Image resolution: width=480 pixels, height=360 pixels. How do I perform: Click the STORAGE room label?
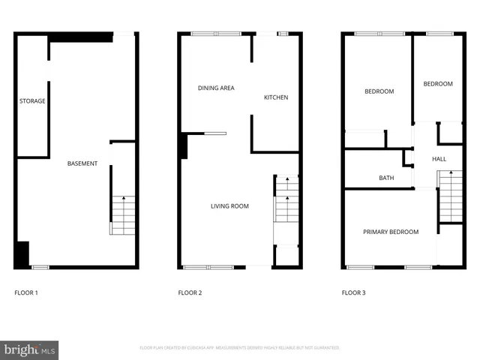pyautogui.click(x=32, y=100)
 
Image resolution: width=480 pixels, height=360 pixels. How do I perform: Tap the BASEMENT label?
pyautogui.click(x=82, y=163)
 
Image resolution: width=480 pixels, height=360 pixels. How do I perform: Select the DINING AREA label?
pyautogui.click(x=216, y=88)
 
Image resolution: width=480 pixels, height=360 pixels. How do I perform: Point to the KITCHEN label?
pyautogui.click(x=275, y=97)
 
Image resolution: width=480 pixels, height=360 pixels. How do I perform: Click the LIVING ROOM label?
pyautogui.click(x=229, y=206)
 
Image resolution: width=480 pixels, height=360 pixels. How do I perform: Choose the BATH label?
pyautogui.click(x=386, y=178)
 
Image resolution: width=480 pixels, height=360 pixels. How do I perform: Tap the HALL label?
pyautogui.click(x=439, y=159)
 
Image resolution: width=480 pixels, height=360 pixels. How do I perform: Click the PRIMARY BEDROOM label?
pyautogui.click(x=391, y=232)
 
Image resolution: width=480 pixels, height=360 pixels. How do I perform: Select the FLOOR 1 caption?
pyautogui.click(x=27, y=292)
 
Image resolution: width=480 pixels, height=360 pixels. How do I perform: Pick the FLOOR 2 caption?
pyautogui.click(x=190, y=292)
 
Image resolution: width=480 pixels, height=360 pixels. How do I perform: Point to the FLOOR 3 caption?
pyautogui.click(x=353, y=292)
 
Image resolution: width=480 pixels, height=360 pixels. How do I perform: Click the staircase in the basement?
pyautogui.click(x=123, y=214)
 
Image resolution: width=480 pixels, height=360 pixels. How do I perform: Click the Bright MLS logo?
pyautogui.click(x=29, y=349)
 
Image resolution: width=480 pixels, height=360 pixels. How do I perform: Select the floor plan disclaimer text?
pyautogui.click(x=240, y=348)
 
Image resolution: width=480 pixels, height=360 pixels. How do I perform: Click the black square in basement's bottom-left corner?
pyautogui.click(x=22, y=253)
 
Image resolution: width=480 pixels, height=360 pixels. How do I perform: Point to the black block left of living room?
pyautogui.click(x=183, y=145)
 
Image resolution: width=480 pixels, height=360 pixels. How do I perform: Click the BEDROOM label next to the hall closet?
pyautogui.click(x=438, y=84)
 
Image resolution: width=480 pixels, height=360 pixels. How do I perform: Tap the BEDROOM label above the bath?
pyautogui.click(x=379, y=91)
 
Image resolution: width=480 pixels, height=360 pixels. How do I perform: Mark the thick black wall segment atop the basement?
pyautogui.click(x=81, y=36)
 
